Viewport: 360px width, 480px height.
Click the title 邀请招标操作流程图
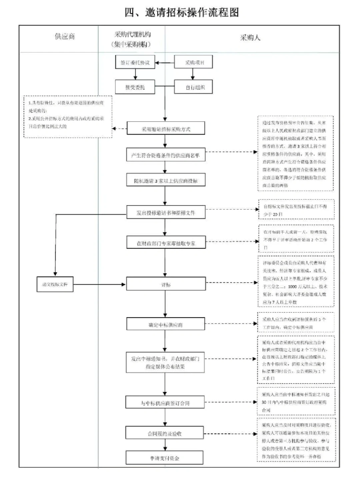tap(182, 12)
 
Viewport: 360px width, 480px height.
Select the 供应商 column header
tap(65, 36)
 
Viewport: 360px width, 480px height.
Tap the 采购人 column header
tap(250, 38)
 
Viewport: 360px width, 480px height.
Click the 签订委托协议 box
tap(135, 62)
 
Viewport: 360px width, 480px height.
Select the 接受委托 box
tap(135, 87)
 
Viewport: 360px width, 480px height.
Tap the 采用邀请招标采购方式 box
tap(166, 129)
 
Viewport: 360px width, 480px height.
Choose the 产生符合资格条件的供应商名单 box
tap(165, 155)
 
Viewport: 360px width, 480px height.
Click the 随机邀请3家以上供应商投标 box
tap(166, 180)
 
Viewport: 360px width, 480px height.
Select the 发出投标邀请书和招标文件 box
tap(166, 213)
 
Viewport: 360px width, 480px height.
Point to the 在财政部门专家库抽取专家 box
tap(166, 243)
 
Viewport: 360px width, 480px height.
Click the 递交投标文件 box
tap(55, 284)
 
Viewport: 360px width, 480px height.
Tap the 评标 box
tap(166, 284)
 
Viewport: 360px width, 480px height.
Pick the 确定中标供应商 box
tap(166, 324)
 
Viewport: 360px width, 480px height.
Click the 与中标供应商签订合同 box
tap(165, 403)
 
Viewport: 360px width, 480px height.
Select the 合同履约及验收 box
tap(164, 433)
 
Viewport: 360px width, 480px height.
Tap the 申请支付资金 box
tap(164, 458)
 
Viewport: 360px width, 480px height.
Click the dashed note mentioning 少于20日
tap(296, 210)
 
